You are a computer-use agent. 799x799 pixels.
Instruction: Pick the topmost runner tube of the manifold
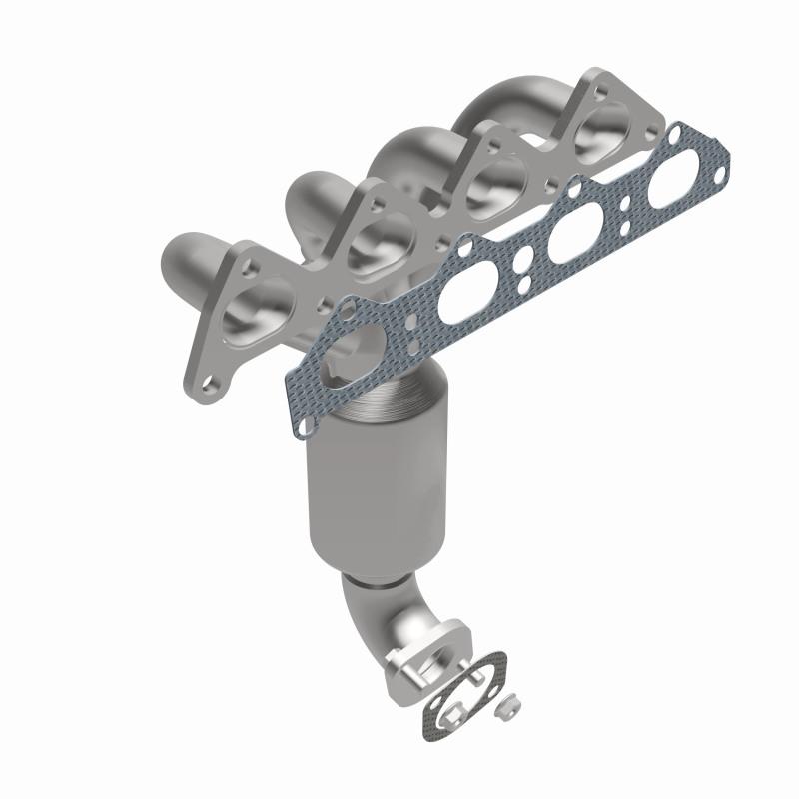click(499, 105)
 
